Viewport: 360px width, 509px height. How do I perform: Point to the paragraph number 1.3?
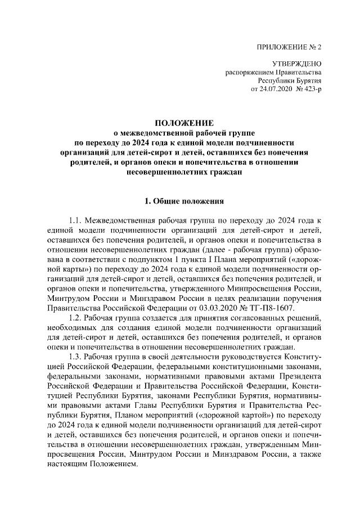click(x=76, y=357)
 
